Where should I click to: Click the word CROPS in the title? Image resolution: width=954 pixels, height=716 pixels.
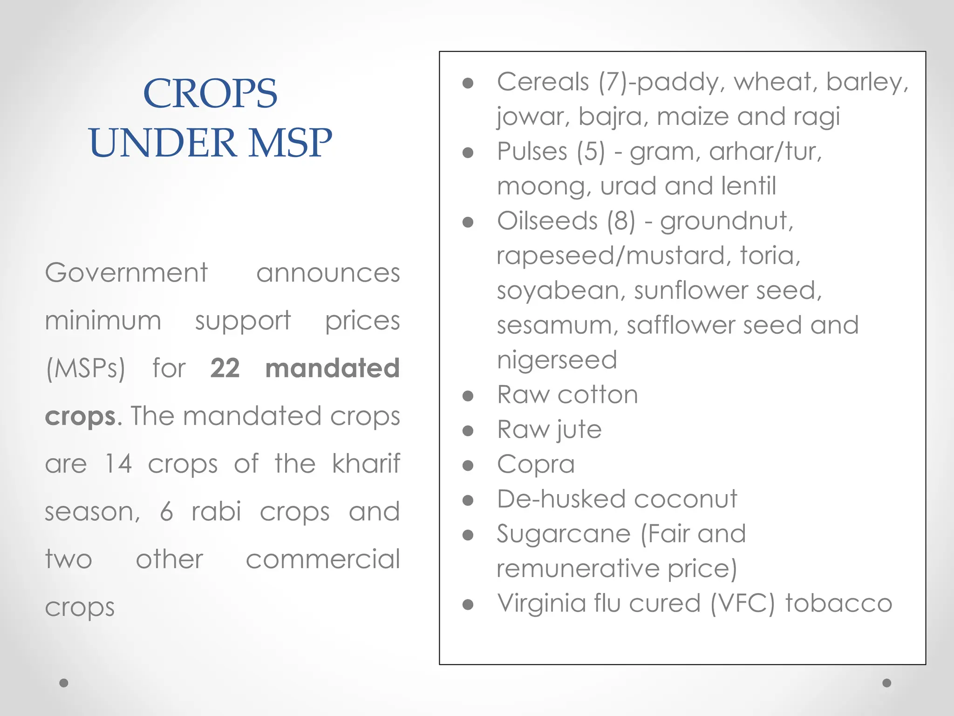click(210, 93)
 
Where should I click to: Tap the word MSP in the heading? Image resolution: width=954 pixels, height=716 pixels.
click(290, 143)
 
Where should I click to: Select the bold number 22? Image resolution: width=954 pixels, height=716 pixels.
click(225, 368)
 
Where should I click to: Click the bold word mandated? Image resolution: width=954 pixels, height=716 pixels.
click(332, 368)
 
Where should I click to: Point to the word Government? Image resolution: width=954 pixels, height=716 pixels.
click(126, 273)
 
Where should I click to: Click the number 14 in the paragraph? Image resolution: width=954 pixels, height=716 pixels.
click(118, 464)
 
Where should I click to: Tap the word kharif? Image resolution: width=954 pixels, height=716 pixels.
click(366, 464)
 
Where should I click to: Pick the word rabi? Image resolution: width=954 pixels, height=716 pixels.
click(217, 512)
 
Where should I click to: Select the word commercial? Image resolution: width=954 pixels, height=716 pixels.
click(323, 559)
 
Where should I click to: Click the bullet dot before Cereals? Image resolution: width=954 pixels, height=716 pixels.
click(468, 83)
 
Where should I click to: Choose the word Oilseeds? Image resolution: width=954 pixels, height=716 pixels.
click(547, 221)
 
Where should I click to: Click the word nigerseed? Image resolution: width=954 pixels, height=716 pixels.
click(557, 360)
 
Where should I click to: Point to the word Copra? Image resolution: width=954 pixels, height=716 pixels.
click(536, 465)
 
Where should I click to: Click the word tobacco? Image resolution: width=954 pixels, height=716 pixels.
click(838, 603)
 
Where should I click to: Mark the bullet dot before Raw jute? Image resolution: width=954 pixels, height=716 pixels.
click(468, 431)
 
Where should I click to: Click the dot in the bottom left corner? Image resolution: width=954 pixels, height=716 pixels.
click(64, 683)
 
